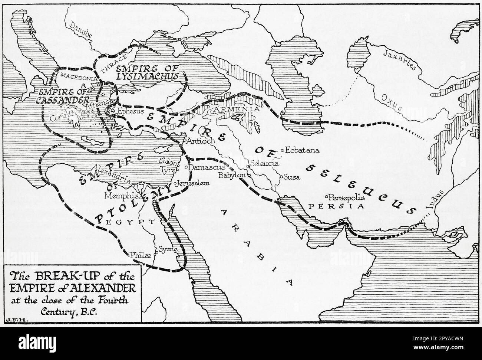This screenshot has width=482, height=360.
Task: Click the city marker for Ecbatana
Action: coord(283,150)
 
